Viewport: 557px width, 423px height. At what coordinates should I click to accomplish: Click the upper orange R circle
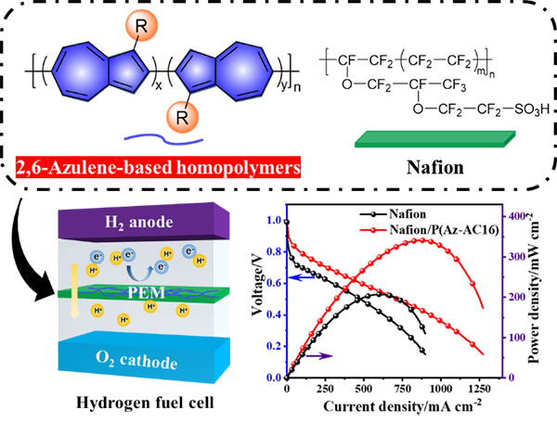point(142,26)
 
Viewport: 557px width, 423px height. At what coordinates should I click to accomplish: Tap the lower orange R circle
point(182,117)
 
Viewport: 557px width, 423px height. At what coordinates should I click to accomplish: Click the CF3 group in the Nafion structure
point(454,85)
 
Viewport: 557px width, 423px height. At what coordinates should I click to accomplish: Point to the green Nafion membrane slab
point(434,139)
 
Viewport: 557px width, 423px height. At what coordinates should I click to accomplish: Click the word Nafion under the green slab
point(435,168)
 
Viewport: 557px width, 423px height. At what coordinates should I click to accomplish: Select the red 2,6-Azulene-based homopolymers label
point(158,167)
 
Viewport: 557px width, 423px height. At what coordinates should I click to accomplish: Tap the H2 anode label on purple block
point(139,223)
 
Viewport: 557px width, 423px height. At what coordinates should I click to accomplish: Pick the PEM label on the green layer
point(146,293)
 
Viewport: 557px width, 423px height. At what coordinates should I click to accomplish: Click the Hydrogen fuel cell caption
point(146,403)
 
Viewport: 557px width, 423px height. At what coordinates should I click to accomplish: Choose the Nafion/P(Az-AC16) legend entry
point(429,230)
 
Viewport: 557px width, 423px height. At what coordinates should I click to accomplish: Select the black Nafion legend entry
point(393,214)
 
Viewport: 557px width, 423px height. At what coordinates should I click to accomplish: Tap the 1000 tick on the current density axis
point(440,389)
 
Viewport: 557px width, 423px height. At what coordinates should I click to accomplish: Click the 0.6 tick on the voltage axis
point(274,283)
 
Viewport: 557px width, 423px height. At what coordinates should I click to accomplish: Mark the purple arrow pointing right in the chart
point(319,355)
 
